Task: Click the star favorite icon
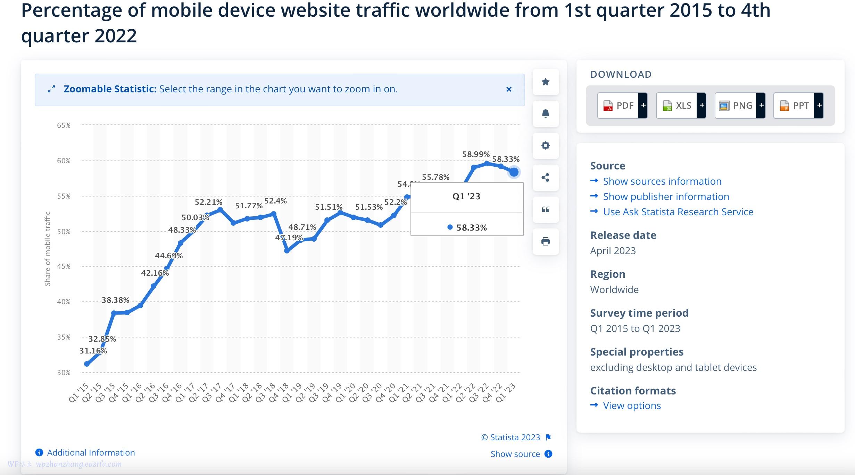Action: coord(546,82)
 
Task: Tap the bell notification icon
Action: coord(546,114)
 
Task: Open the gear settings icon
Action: coord(546,145)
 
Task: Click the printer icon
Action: coord(546,242)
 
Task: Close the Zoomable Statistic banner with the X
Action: coord(509,90)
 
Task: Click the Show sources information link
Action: coord(662,181)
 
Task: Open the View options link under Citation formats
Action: coord(632,406)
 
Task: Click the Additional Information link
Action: coord(91,453)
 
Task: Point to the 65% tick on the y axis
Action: coord(64,125)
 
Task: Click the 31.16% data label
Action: coord(93,351)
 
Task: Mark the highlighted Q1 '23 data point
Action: coord(514,172)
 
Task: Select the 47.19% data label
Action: coord(289,238)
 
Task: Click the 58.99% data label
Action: coord(476,154)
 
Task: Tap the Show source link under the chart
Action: coord(515,454)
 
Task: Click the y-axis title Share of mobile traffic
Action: coord(48,249)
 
